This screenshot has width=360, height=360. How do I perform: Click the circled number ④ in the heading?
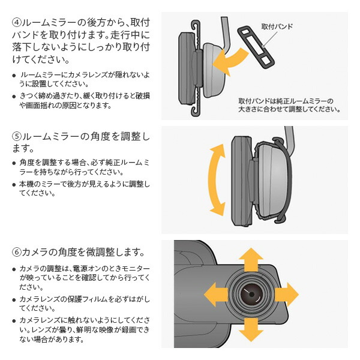(x=17, y=23)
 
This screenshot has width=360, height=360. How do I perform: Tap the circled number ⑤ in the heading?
(x=17, y=136)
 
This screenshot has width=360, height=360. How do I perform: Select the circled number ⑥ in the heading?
(x=17, y=252)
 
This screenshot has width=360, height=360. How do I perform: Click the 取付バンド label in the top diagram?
(x=277, y=26)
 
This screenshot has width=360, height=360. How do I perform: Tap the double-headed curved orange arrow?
(x=216, y=180)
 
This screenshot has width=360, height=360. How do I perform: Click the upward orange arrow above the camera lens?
(x=251, y=259)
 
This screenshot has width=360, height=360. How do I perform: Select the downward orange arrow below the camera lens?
(x=251, y=329)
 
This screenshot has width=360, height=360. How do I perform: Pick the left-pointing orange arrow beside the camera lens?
(x=216, y=295)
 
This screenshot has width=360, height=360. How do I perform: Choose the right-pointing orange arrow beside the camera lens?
(x=287, y=295)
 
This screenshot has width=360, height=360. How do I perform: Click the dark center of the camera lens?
(x=251, y=295)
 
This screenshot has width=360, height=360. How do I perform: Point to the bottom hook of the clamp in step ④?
(x=195, y=110)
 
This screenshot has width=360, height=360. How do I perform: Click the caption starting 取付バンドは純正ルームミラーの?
(x=289, y=105)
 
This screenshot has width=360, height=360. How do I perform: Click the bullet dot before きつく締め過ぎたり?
(x=14, y=97)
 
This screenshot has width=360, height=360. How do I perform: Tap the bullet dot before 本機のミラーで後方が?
(x=14, y=185)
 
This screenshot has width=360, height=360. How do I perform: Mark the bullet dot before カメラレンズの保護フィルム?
(x=14, y=300)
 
